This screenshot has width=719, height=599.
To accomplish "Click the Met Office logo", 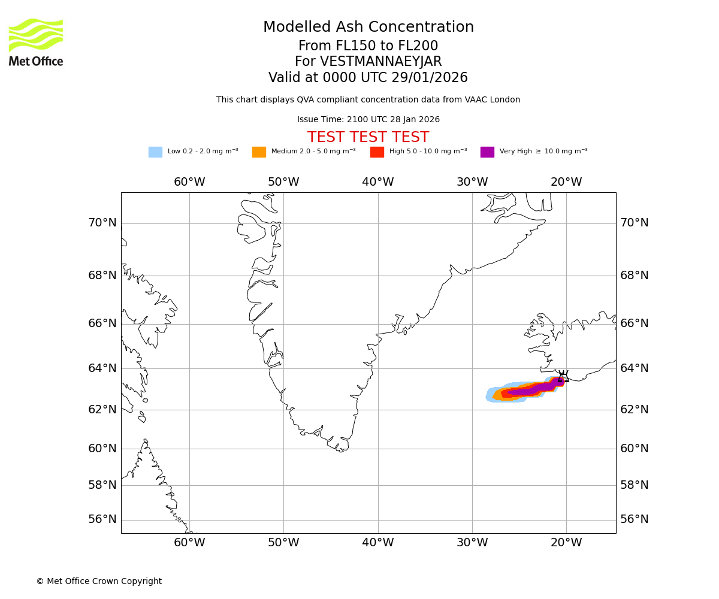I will [x=36, y=42].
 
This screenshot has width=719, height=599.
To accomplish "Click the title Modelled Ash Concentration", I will [x=368, y=28].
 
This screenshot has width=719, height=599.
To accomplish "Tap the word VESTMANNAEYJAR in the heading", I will [x=381, y=62].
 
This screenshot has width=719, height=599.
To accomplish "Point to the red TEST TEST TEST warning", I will [x=368, y=137].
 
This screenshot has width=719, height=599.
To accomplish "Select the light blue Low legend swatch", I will [x=155, y=152].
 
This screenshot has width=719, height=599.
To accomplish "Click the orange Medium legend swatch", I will [x=259, y=152].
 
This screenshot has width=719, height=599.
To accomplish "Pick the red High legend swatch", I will [x=377, y=152].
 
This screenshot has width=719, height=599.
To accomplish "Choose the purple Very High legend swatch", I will [x=487, y=152].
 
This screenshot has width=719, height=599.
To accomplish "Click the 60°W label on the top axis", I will [x=189, y=182].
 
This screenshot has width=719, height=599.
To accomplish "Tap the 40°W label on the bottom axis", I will [x=378, y=543].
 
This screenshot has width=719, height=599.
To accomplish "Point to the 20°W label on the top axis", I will [x=566, y=182].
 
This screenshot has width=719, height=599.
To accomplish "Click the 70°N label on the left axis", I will [x=102, y=223].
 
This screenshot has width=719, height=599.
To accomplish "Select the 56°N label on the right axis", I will [x=635, y=519].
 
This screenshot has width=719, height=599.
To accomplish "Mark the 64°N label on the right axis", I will [x=635, y=368].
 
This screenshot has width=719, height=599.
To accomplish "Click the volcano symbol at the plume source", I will [x=563, y=377].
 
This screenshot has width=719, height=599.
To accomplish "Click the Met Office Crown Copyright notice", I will [x=99, y=581].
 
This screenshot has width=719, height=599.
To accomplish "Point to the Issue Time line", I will [x=368, y=120].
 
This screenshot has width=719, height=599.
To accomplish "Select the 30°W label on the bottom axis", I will [x=472, y=543].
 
